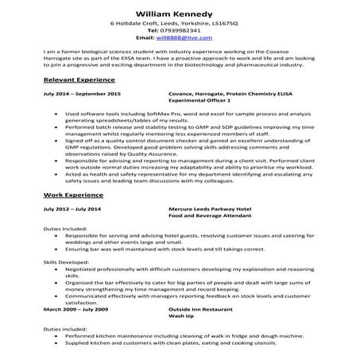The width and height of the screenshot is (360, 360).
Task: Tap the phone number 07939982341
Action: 184,30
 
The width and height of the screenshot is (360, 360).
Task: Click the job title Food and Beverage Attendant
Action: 209,215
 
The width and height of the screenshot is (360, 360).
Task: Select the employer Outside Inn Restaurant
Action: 207,308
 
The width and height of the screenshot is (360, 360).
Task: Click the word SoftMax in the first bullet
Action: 132,114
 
